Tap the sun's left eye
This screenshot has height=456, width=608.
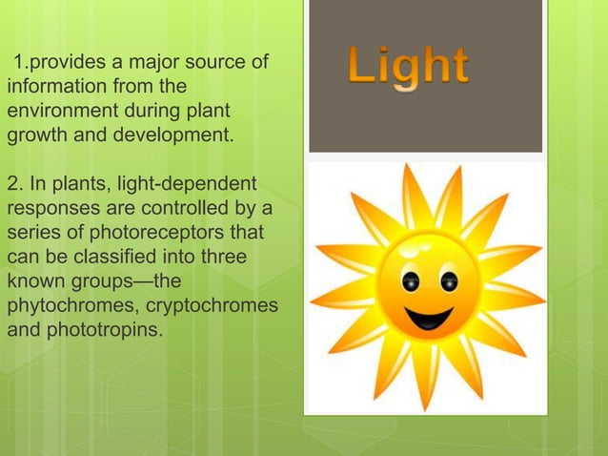coord(410,282)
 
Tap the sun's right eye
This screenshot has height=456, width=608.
coord(447,282)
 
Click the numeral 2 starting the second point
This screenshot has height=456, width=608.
coord(12,183)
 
